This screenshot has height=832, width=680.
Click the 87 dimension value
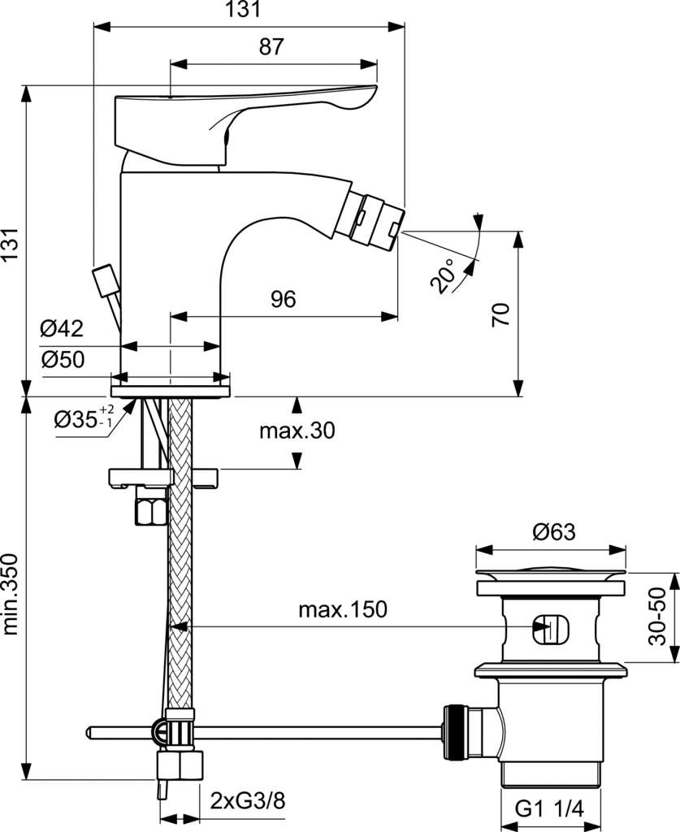click(272, 48)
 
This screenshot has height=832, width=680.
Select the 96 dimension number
click(283, 300)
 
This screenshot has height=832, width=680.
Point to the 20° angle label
click(443, 276)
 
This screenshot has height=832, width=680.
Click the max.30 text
click(297, 431)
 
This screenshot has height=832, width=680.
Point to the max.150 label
click(342, 609)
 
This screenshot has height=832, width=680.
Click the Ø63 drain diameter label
click(553, 532)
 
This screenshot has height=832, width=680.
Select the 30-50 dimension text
click(660, 617)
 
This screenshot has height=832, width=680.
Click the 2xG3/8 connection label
click(248, 801)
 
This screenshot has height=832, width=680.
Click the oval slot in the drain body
click(551, 628)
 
